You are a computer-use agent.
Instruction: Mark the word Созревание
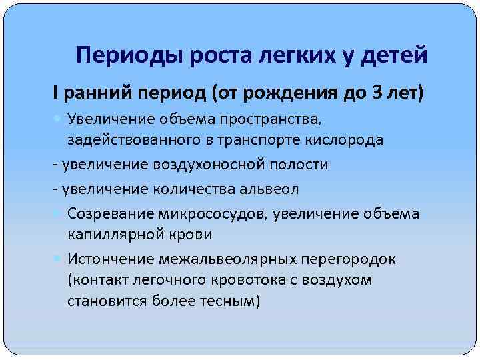pos(107,213)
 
